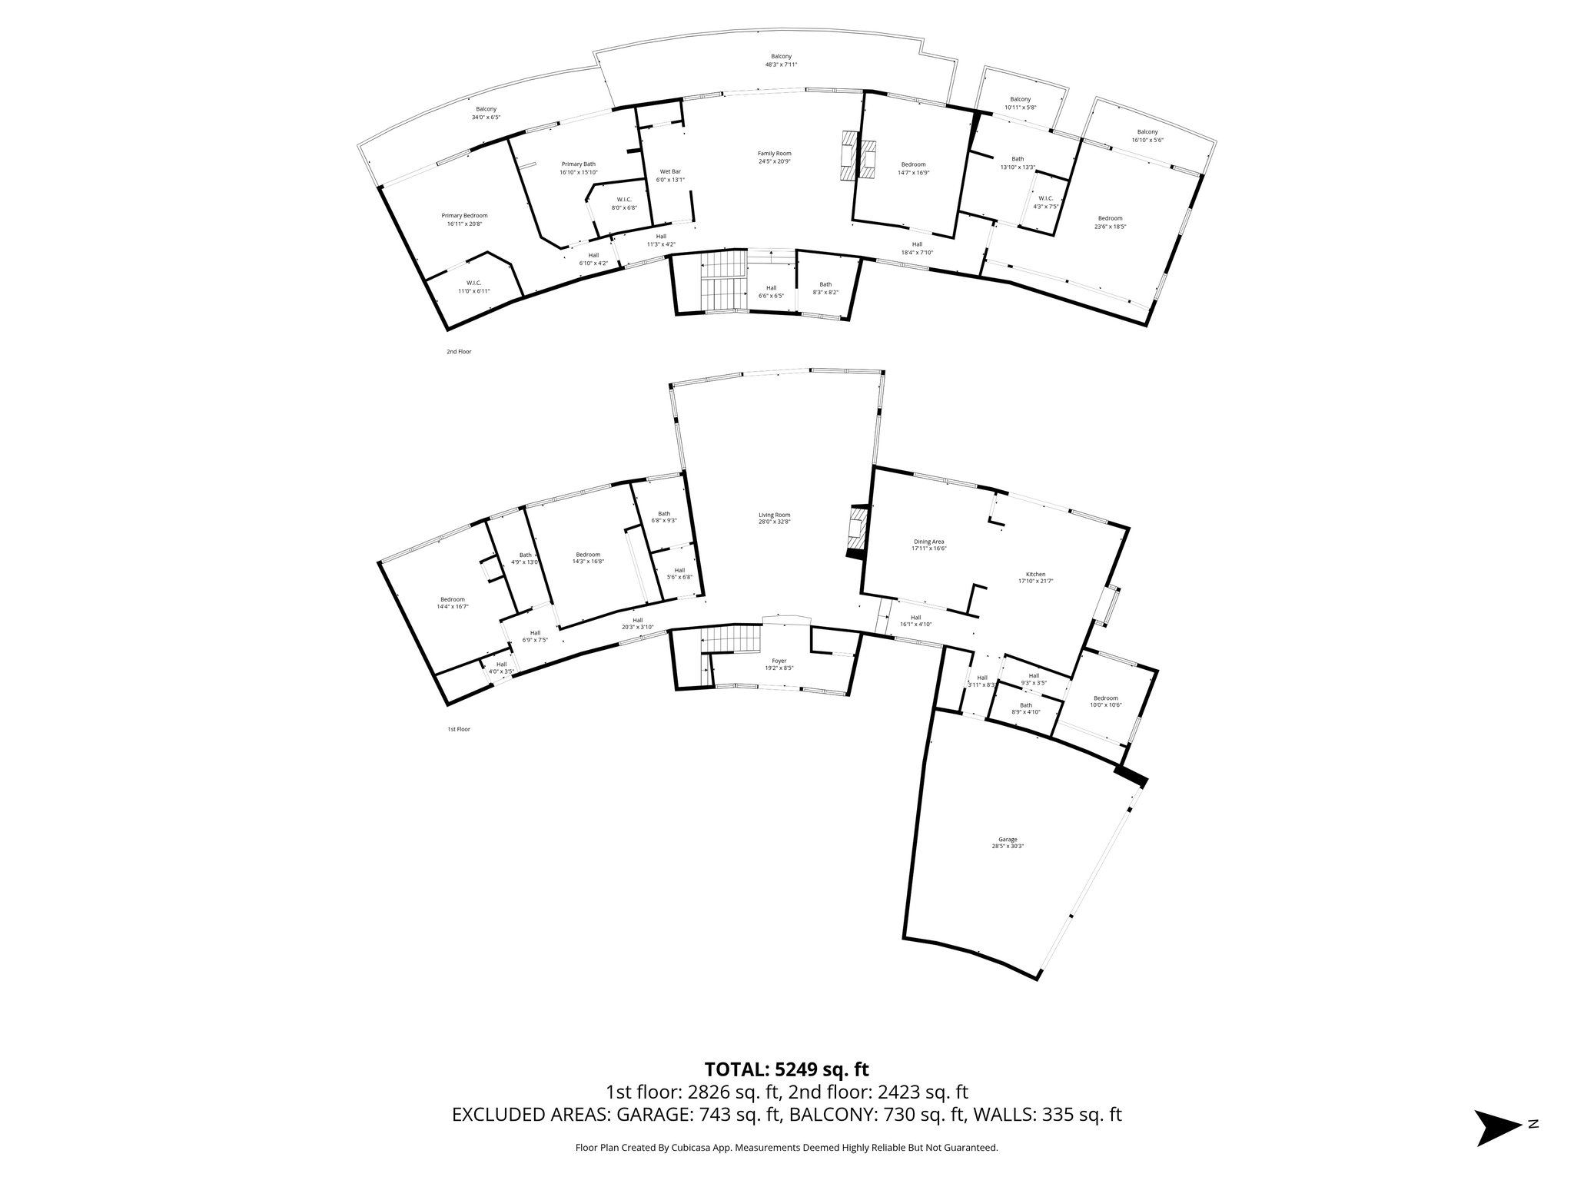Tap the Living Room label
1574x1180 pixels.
774,519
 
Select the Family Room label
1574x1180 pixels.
774,157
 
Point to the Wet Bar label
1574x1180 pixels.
670,175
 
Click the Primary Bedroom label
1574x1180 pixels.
464,220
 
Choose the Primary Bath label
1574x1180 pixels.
578,167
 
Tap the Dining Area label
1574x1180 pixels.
928,545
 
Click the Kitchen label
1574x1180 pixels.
1035,578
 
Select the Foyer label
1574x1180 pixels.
779,664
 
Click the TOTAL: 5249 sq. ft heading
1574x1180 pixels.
786,1069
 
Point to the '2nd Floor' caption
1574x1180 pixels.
459,352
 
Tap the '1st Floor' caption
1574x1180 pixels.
458,729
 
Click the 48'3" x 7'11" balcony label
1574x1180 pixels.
781,61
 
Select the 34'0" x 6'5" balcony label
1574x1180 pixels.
486,113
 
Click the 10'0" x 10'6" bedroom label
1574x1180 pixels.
1105,701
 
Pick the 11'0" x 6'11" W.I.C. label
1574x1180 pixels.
473,287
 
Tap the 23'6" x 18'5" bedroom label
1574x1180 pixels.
1110,222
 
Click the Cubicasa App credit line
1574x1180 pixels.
786,1148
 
